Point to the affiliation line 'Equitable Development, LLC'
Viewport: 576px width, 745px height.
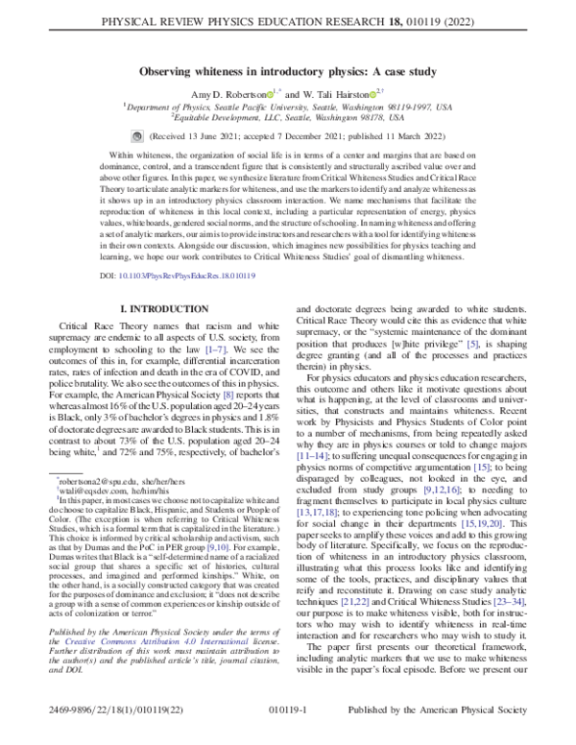pyautogui.click(x=288, y=121)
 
